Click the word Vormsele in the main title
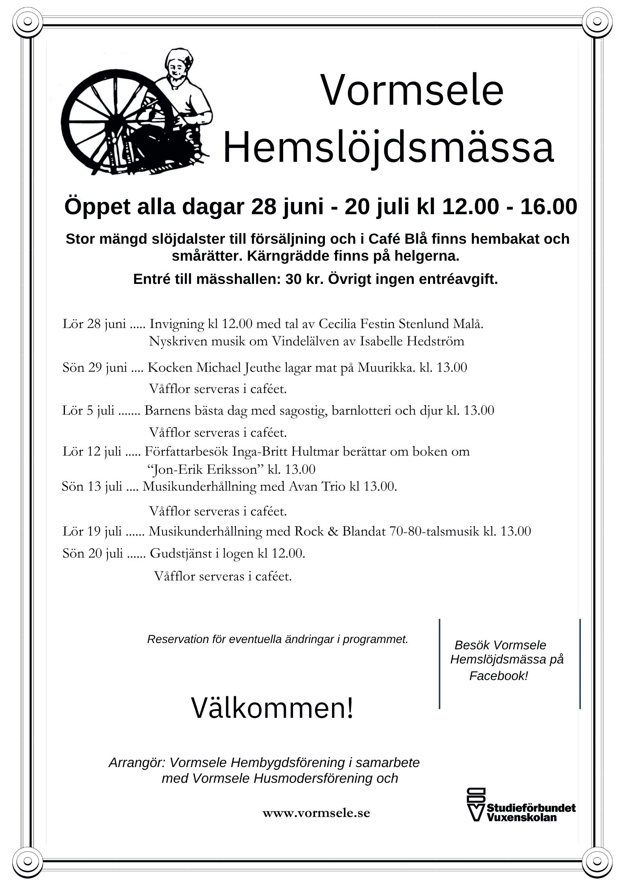tap(412, 90)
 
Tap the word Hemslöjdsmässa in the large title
tap(388, 148)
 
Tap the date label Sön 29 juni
tap(95, 368)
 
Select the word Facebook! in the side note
tap(498, 676)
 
